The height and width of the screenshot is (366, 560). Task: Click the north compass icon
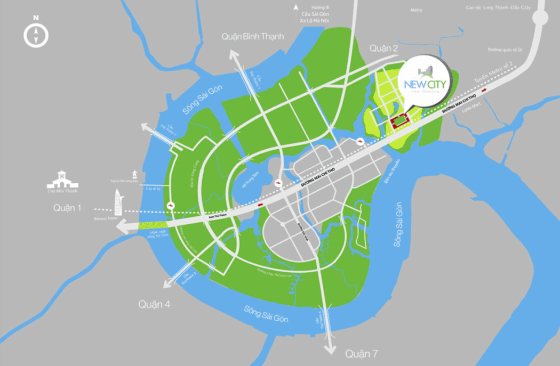click(36, 33)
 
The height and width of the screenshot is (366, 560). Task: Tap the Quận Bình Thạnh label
click(253, 36)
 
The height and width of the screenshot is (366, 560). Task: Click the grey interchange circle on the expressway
click(540, 18)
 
